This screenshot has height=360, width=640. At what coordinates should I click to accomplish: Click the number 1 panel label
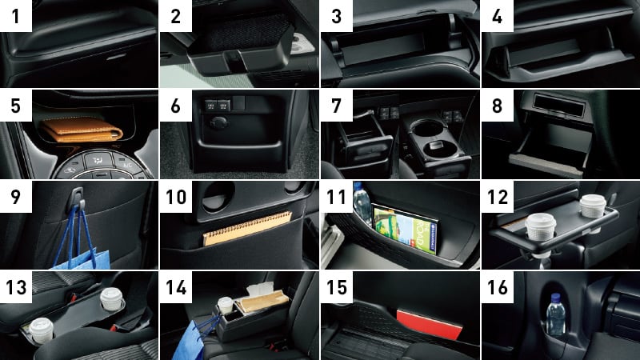point(15,15)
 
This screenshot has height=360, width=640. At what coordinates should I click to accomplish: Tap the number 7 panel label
point(336,106)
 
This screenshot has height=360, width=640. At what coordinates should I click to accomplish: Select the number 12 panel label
point(498,197)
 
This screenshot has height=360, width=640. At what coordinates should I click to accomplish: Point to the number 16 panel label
point(498,287)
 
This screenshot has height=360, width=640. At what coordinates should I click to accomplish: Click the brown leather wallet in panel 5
point(82,129)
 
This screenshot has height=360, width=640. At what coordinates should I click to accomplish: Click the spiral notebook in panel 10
point(247,228)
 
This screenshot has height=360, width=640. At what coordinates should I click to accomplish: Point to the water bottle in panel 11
point(362,204)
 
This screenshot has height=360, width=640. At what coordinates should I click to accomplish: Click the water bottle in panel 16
point(556,314)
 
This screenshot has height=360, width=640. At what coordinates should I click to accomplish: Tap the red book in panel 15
point(430,325)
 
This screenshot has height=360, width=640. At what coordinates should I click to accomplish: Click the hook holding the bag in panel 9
point(78,197)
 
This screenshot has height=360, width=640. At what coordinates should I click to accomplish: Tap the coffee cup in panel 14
point(225,306)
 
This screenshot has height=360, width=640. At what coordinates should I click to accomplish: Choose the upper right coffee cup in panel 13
point(111,298)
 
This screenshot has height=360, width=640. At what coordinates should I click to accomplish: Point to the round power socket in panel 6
point(219,123)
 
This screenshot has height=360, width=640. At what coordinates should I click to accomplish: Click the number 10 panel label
point(176,197)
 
